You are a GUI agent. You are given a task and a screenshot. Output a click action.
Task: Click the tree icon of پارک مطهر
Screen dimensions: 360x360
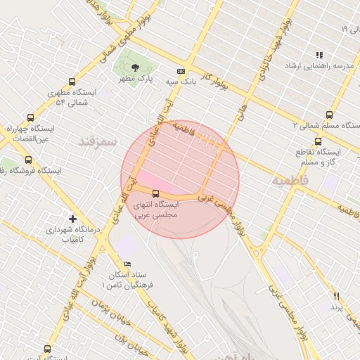click(134, 67)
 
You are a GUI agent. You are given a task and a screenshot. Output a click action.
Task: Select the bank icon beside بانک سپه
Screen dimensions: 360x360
click(181, 71)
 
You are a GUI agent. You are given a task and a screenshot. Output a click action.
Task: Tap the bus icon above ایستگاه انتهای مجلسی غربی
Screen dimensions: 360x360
click(155, 193)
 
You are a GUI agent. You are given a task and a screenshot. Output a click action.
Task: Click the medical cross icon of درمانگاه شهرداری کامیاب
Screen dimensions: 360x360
click(72, 219)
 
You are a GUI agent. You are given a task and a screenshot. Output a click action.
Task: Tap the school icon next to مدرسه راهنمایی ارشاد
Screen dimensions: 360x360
click(319, 54)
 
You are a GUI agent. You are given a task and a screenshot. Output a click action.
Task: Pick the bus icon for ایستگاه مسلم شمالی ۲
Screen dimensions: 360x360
click(329, 115)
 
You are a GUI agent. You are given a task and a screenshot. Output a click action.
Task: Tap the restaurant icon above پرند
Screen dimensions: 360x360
click(336, 296)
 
